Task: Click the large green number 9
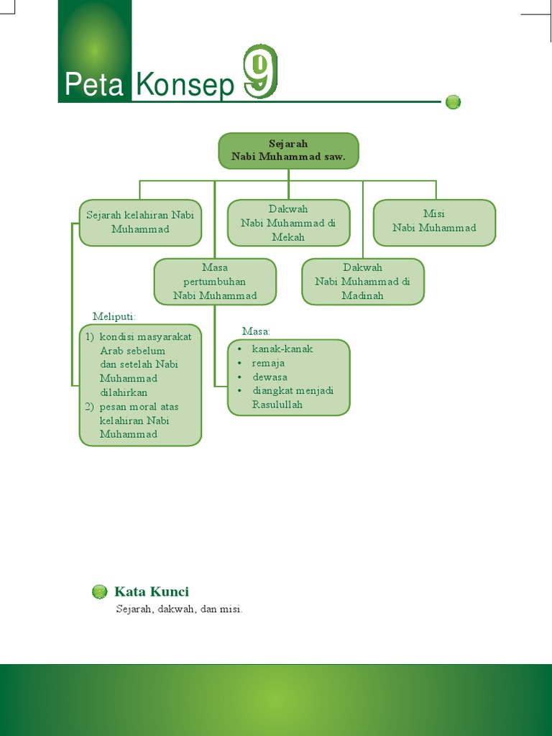[x=260, y=72]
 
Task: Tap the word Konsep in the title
[x=185, y=86]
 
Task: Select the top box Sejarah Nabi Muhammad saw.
[x=288, y=150]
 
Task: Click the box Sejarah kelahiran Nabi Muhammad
[x=140, y=222]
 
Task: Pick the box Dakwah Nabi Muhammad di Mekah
[x=288, y=223]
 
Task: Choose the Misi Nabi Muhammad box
[x=434, y=221]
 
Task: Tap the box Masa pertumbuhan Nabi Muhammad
[x=215, y=282]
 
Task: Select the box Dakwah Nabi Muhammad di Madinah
[x=362, y=282]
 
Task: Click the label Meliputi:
[x=114, y=316]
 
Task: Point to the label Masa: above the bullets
[x=256, y=331]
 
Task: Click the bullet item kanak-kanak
[x=282, y=349]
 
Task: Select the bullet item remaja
[x=268, y=363]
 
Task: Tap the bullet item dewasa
[x=270, y=377]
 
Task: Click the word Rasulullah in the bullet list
[x=277, y=405]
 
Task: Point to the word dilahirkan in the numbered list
[x=124, y=392]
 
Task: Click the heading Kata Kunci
[x=152, y=592]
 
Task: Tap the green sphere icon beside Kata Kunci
[x=100, y=592]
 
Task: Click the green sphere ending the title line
[x=453, y=102]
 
